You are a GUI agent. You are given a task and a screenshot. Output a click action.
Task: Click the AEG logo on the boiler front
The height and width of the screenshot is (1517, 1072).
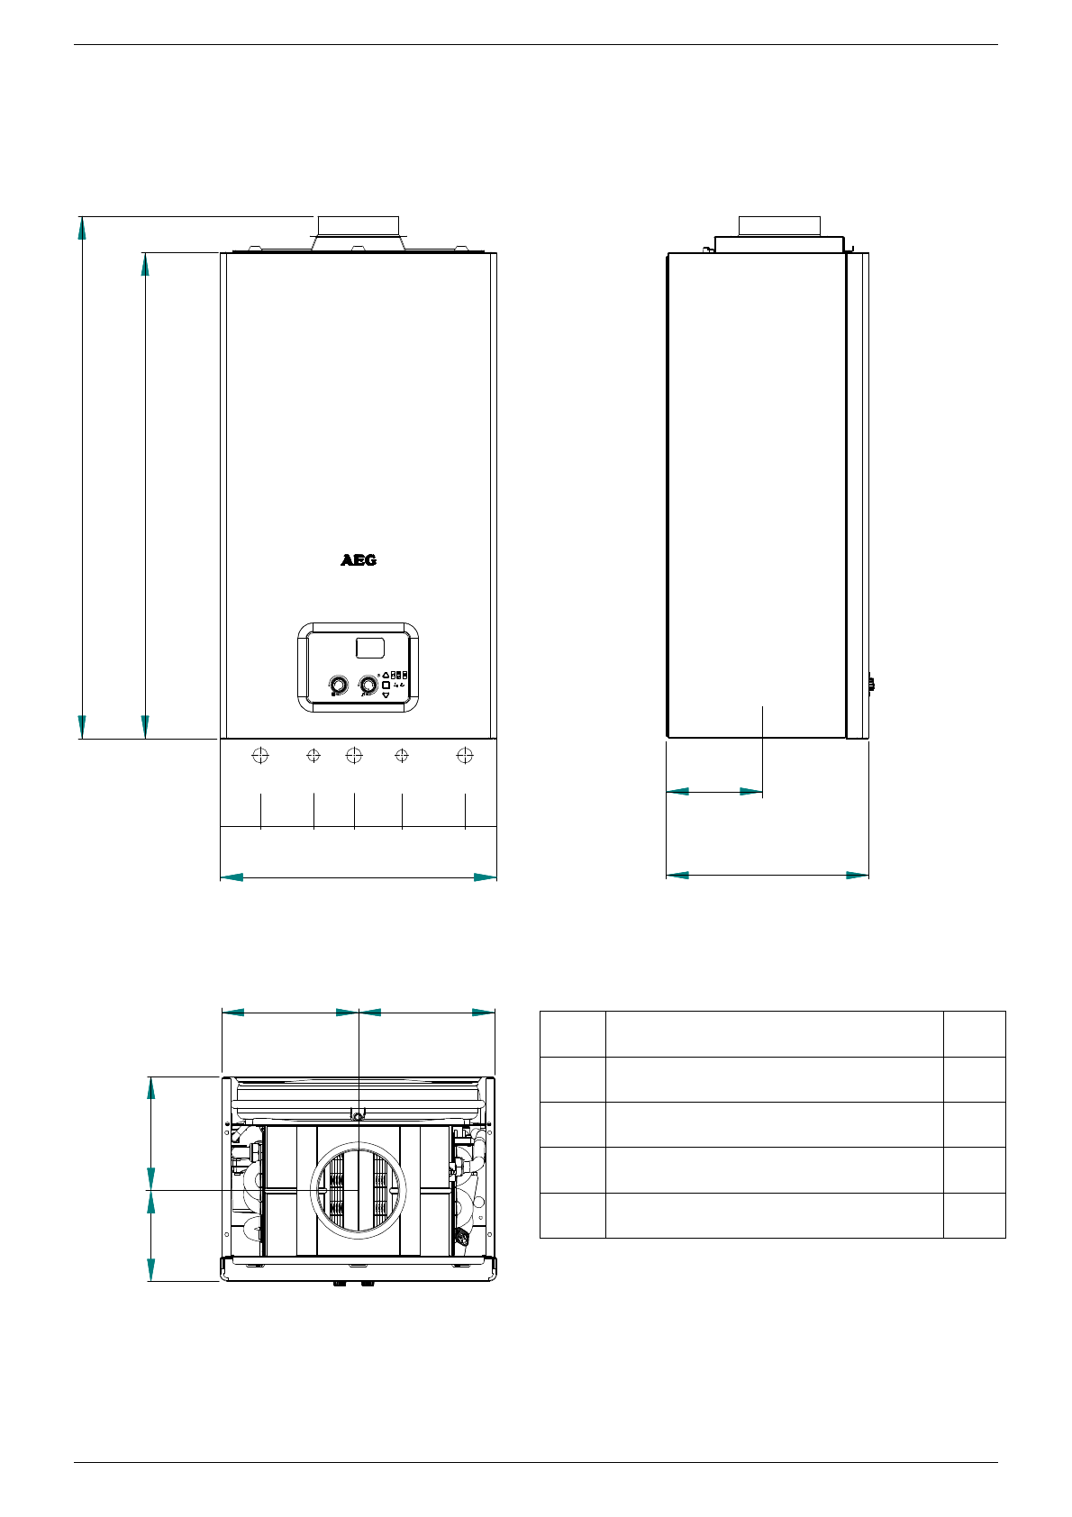[x=359, y=560]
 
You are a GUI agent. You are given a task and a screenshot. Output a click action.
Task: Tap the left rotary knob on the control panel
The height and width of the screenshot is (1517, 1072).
[x=338, y=685]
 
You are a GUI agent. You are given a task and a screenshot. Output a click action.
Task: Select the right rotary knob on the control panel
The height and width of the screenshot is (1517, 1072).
[x=368, y=685]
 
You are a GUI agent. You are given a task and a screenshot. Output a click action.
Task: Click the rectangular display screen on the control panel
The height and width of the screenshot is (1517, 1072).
[x=370, y=648]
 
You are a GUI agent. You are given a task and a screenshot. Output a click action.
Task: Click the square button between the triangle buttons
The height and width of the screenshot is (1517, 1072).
[x=386, y=685]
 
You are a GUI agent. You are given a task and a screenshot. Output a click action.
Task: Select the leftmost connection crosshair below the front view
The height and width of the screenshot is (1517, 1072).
[x=260, y=755]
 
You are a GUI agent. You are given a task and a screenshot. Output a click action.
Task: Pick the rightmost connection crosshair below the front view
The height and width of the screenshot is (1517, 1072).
[x=465, y=755]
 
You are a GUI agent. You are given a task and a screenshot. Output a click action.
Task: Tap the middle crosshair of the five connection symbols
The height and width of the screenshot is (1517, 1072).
[x=354, y=755]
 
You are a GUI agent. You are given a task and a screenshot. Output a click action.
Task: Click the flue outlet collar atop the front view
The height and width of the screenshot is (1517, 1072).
[x=359, y=233]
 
